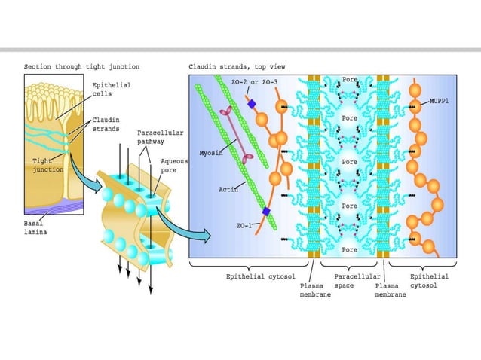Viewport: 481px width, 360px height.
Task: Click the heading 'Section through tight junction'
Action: coord(81,67)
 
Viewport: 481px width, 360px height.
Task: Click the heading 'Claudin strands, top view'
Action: coord(237,67)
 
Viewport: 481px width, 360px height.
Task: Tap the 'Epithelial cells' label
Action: coord(112,90)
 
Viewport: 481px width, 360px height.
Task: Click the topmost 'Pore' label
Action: coord(349,78)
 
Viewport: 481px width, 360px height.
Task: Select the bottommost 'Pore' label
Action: coord(349,249)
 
